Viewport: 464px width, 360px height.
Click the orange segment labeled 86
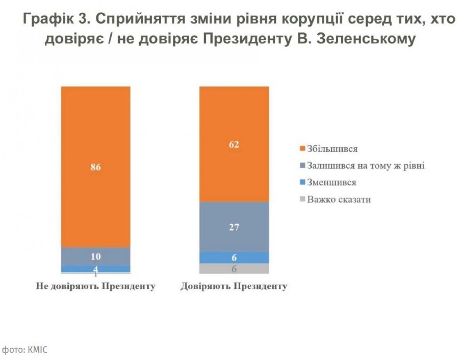click(96, 167)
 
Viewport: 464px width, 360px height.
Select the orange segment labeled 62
click(234, 144)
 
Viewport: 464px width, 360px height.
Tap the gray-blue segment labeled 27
click(234, 227)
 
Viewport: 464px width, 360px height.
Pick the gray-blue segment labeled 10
click(96, 256)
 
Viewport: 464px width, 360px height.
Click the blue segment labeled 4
click(96, 269)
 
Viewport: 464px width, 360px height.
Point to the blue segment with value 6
click(234, 258)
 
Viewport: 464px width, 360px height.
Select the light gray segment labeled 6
click(234, 269)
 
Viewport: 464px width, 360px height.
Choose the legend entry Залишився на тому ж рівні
click(366, 166)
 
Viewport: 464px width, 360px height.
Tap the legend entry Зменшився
click(331, 183)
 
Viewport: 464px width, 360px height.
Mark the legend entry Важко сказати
click(339, 200)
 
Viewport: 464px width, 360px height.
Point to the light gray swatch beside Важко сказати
click(303, 200)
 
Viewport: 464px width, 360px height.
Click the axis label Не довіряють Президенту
click(96, 287)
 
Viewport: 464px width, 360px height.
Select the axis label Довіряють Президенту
click(234, 287)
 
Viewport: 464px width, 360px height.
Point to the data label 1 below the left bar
click(96, 274)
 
